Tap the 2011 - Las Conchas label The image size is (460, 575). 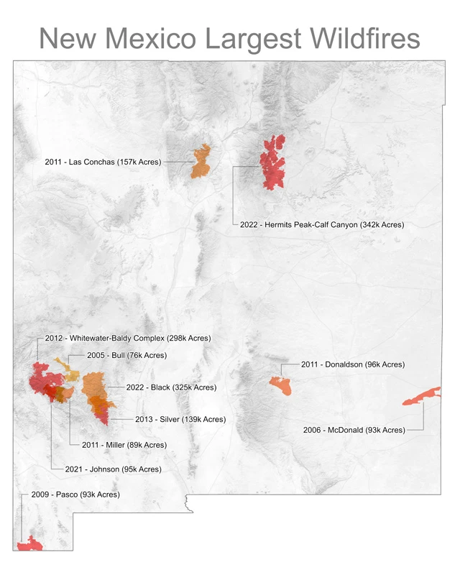103,162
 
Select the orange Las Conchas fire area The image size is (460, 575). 201,162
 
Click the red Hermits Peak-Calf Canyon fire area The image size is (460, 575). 273,162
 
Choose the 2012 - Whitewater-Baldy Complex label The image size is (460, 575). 127,338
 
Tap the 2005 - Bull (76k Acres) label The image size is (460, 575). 126,355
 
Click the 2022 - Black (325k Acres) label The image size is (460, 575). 171,387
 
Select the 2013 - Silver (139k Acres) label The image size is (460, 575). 180,419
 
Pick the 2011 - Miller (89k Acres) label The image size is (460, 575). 124,445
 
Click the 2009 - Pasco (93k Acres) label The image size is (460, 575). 75,494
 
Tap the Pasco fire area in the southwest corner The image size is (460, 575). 29,545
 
